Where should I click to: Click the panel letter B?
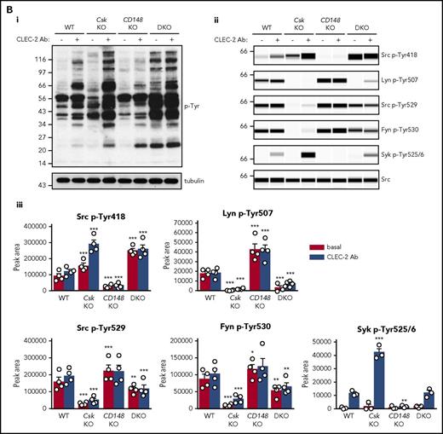tap(7, 6)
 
